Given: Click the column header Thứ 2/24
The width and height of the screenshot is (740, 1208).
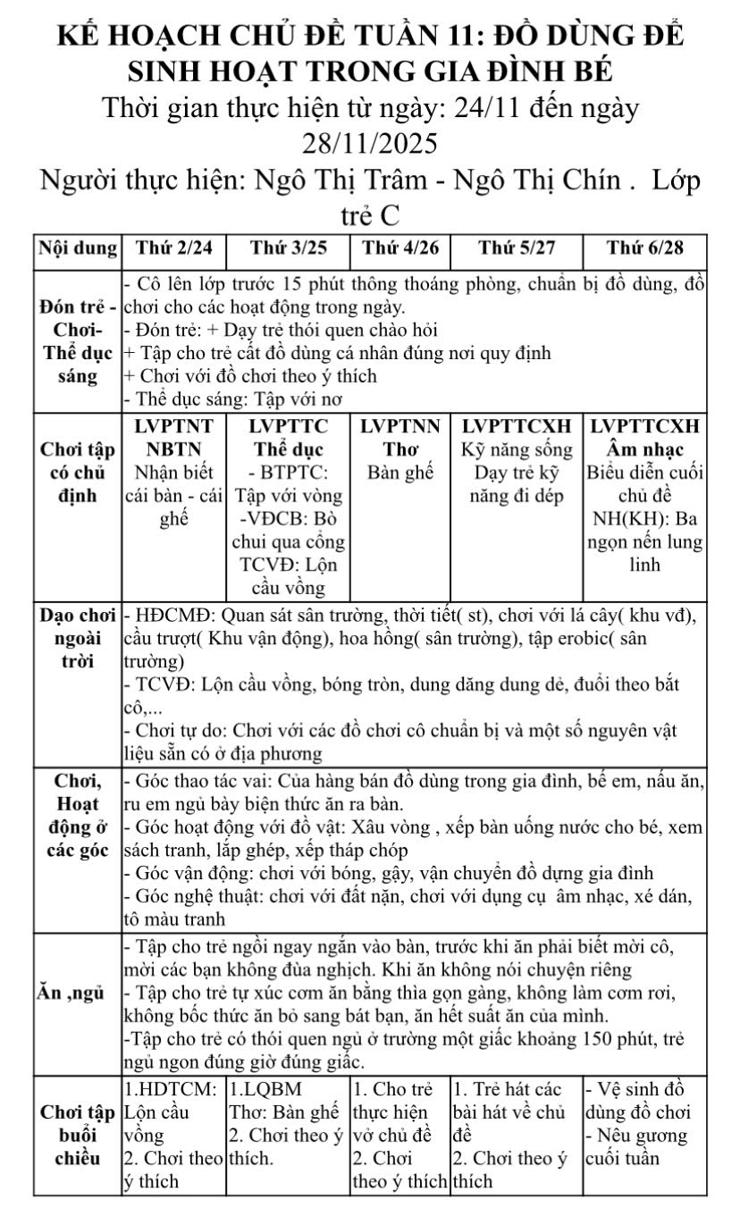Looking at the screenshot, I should click(x=173, y=247).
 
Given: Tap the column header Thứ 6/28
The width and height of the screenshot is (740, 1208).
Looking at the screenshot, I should click(x=645, y=247).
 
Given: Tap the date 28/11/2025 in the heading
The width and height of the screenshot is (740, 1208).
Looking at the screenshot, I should click(x=370, y=144).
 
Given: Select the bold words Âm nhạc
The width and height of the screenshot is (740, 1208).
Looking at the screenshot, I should click(x=644, y=448).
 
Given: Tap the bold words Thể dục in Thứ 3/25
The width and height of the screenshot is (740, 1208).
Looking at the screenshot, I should click(x=287, y=448).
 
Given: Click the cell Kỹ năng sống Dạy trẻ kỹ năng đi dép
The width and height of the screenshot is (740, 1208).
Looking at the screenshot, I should click(x=517, y=472).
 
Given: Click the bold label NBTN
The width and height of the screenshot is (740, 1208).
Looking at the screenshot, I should click(x=173, y=448).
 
